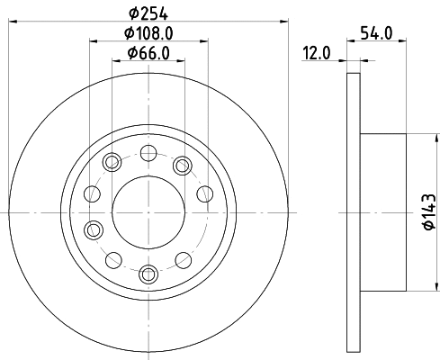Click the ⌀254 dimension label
[x=148, y=13]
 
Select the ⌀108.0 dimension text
[x=148, y=33]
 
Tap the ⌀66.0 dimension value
[x=148, y=53]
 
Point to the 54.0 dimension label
[x=376, y=33]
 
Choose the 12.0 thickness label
[x=317, y=53]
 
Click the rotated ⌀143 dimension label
[x=429, y=212]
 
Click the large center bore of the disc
[x=148, y=212]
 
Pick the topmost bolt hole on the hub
[x=148, y=153]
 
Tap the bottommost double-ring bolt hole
[x=148, y=274]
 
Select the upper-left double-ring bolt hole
[x=112, y=162]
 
